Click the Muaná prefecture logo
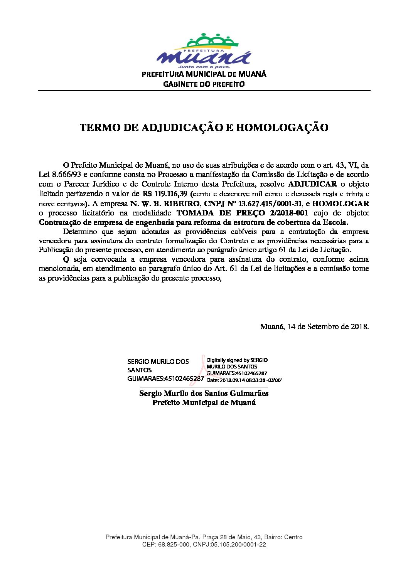(204, 50)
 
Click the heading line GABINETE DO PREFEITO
(204, 84)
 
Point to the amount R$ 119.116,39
(165, 194)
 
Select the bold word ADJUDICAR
(312, 184)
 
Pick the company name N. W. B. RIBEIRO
(165, 204)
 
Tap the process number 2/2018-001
(287, 213)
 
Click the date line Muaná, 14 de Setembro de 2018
(314, 326)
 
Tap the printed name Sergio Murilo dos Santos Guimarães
(204, 393)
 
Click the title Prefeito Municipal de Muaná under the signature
(204, 402)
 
